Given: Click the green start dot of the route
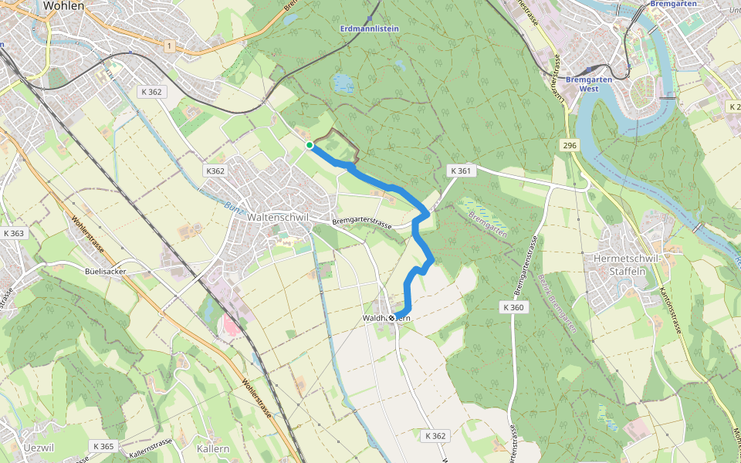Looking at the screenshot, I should (x=309, y=145).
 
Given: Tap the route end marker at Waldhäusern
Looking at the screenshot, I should (x=392, y=317).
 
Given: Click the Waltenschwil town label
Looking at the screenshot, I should (x=278, y=218).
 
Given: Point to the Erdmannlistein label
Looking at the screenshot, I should (x=370, y=29).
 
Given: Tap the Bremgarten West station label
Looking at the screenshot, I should (x=589, y=83).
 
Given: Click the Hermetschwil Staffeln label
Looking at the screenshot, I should (x=627, y=264).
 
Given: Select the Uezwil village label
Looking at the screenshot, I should (x=38, y=448).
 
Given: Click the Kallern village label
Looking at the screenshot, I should (x=213, y=448).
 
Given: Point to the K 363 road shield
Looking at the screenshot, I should (x=14, y=233).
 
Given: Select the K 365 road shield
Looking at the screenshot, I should (x=103, y=446).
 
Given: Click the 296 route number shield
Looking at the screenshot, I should (x=570, y=146).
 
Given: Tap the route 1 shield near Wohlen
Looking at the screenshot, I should (x=168, y=47).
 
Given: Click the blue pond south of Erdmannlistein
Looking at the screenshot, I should (x=343, y=83).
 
